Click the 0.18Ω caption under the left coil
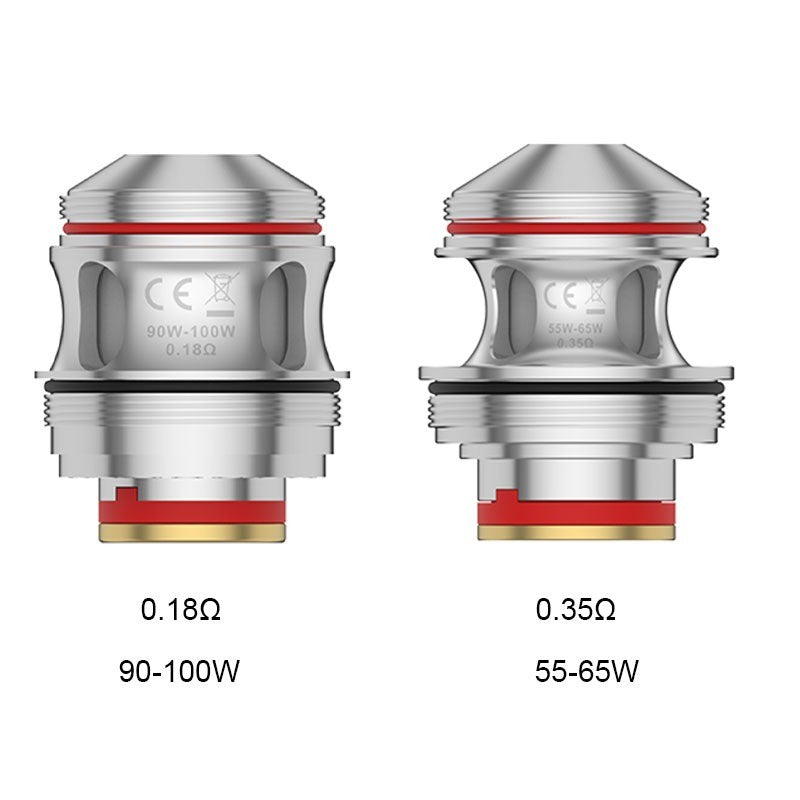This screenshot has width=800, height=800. tap(180, 609)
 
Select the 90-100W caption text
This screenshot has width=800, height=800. tap(180, 670)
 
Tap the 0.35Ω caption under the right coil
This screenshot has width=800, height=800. tap(576, 609)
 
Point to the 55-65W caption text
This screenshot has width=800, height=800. tap(587, 670)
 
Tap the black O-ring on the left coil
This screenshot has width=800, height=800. tap(187, 384)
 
